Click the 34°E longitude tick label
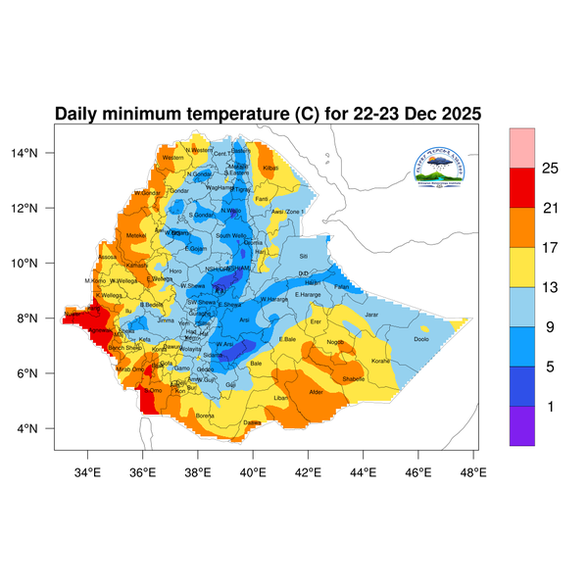(x=88, y=472)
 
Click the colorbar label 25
(x=551, y=169)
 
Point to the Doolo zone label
(x=421, y=339)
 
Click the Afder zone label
(x=316, y=392)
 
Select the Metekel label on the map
(x=136, y=235)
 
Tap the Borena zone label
(x=206, y=416)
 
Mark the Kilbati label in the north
(x=271, y=169)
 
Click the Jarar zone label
(x=371, y=315)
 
